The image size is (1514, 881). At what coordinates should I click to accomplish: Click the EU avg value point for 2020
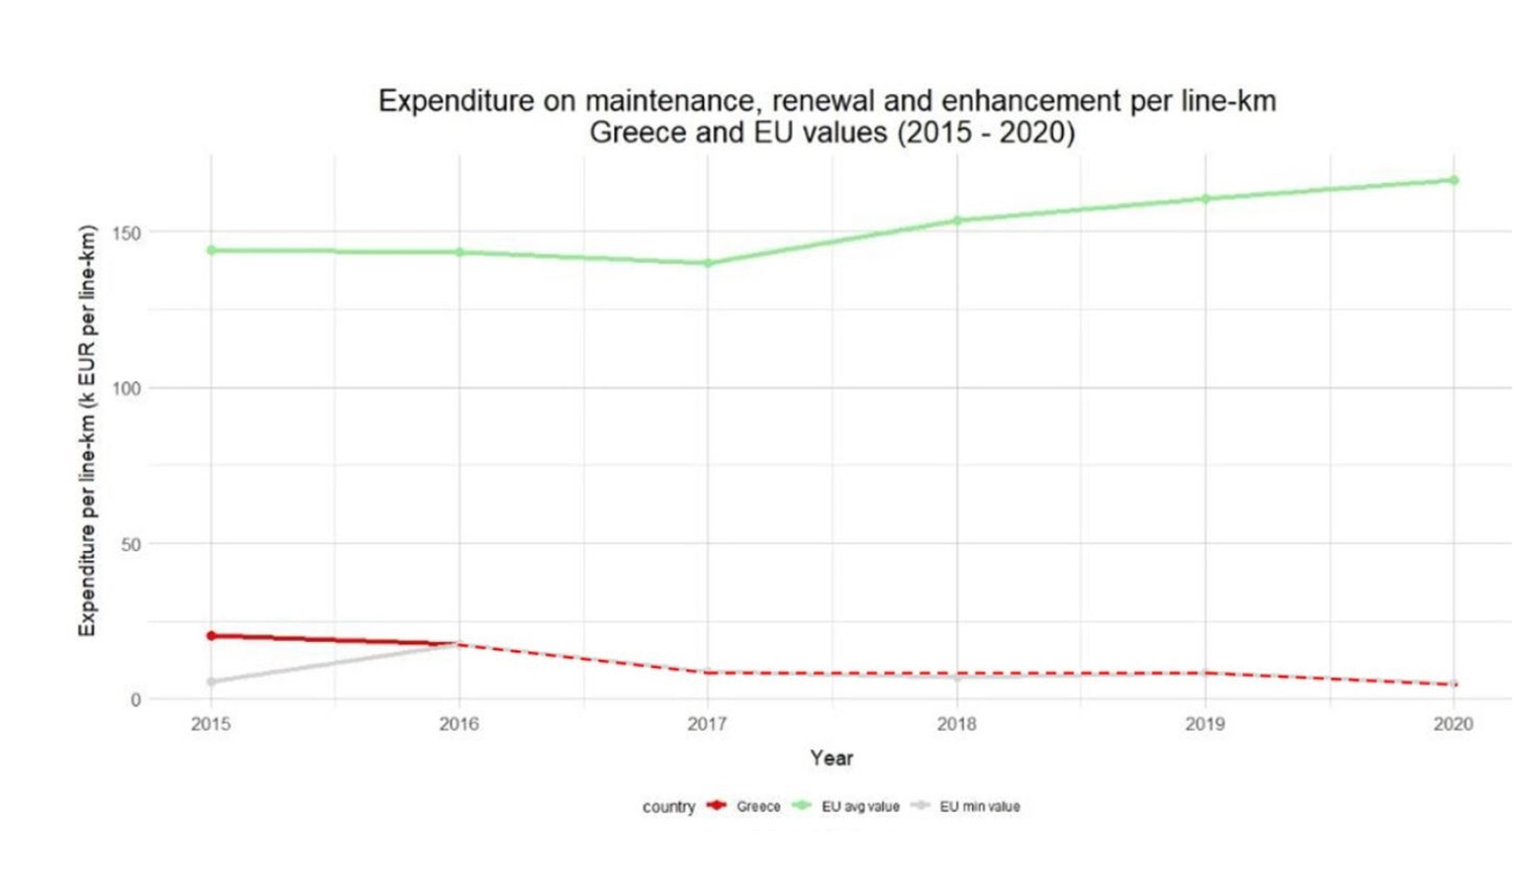pyautogui.click(x=1454, y=180)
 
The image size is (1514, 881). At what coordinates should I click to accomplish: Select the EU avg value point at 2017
pyautogui.click(x=708, y=263)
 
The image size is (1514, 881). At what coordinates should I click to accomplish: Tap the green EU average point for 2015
pyautogui.click(x=211, y=251)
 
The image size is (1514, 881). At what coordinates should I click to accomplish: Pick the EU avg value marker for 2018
pyautogui.click(x=957, y=221)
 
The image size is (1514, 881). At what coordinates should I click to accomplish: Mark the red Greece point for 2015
pyautogui.click(x=211, y=636)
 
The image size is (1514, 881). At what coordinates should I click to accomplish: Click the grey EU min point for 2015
pyautogui.click(x=211, y=682)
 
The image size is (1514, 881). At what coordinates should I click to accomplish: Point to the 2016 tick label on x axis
pyautogui.click(x=459, y=724)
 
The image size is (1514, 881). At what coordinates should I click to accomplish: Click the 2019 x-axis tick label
pyautogui.click(x=1205, y=724)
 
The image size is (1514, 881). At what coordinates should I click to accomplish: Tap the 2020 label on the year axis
pyautogui.click(x=1453, y=724)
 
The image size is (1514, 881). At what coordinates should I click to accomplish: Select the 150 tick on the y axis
pyautogui.click(x=126, y=233)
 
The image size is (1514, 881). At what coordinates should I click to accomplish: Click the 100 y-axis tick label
pyautogui.click(x=126, y=389)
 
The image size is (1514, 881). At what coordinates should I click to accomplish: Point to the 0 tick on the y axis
pyautogui.click(x=136, y=700)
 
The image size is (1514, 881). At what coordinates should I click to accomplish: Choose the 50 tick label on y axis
pyautogui.click(x=131, y=545)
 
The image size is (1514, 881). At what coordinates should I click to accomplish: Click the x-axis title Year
pyautogui.click(x=831, y=758)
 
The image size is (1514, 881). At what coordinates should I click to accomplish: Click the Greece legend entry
pyautogui.click(x=758, y=807)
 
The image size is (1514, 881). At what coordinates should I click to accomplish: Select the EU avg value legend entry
pyautogui.click(x=860, y=807)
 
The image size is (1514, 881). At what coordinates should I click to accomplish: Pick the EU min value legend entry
pyautogui.click(x=980, y=807)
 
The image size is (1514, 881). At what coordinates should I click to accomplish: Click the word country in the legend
pyautogui.click(x=668, y=807)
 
